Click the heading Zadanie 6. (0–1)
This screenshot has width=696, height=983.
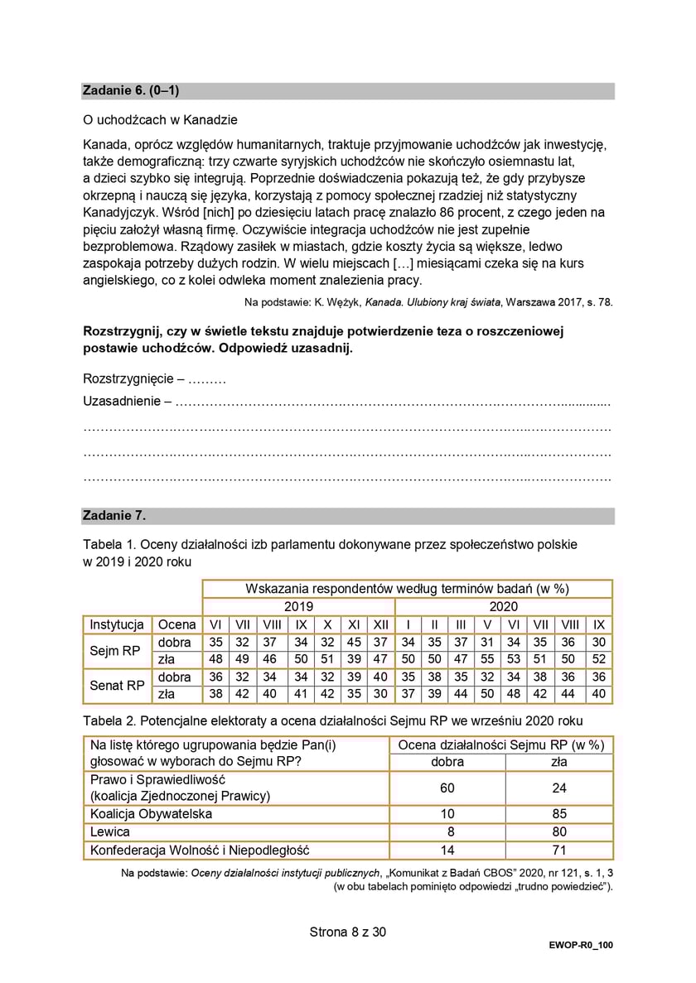point(131,91)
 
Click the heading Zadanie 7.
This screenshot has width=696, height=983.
point(114,516)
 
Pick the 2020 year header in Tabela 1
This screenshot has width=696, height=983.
point(503,606)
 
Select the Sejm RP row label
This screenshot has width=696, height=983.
point(115,651)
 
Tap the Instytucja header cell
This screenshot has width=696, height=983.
point(117,624)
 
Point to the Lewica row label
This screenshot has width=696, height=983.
point(110,832)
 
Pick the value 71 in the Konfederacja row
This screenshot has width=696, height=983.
point(559,850)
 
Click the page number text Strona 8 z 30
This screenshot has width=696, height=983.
point(347,932)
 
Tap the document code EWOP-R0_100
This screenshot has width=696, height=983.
point(580,945)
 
